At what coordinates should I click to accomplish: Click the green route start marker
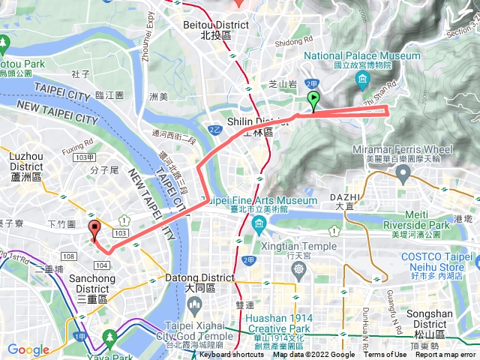[x=313, y=100]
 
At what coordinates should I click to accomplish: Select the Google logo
[x=28, y=349]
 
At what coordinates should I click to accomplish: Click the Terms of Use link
[x=385, y=355]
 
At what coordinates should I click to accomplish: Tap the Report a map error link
[x=445, y=355]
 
